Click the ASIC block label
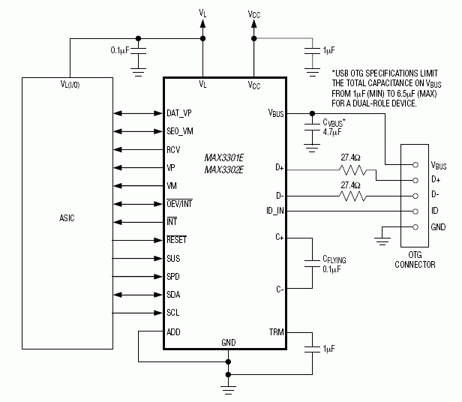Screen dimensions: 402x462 pyautogui.click(x=66, y=218)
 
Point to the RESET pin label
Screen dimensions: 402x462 pyautogui.click(x=177, y=240)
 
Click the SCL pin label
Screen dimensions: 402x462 pyautogui.click(x=173, y=312)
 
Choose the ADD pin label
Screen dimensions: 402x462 pyautogui.click(x=174, y=331)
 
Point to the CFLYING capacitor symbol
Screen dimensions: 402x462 pyautogui.click(x=310, y=262)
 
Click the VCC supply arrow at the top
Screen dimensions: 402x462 pyautogui.click(x=254, y=25)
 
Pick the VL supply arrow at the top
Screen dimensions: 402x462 pyautogui.click(x=203, y=25)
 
